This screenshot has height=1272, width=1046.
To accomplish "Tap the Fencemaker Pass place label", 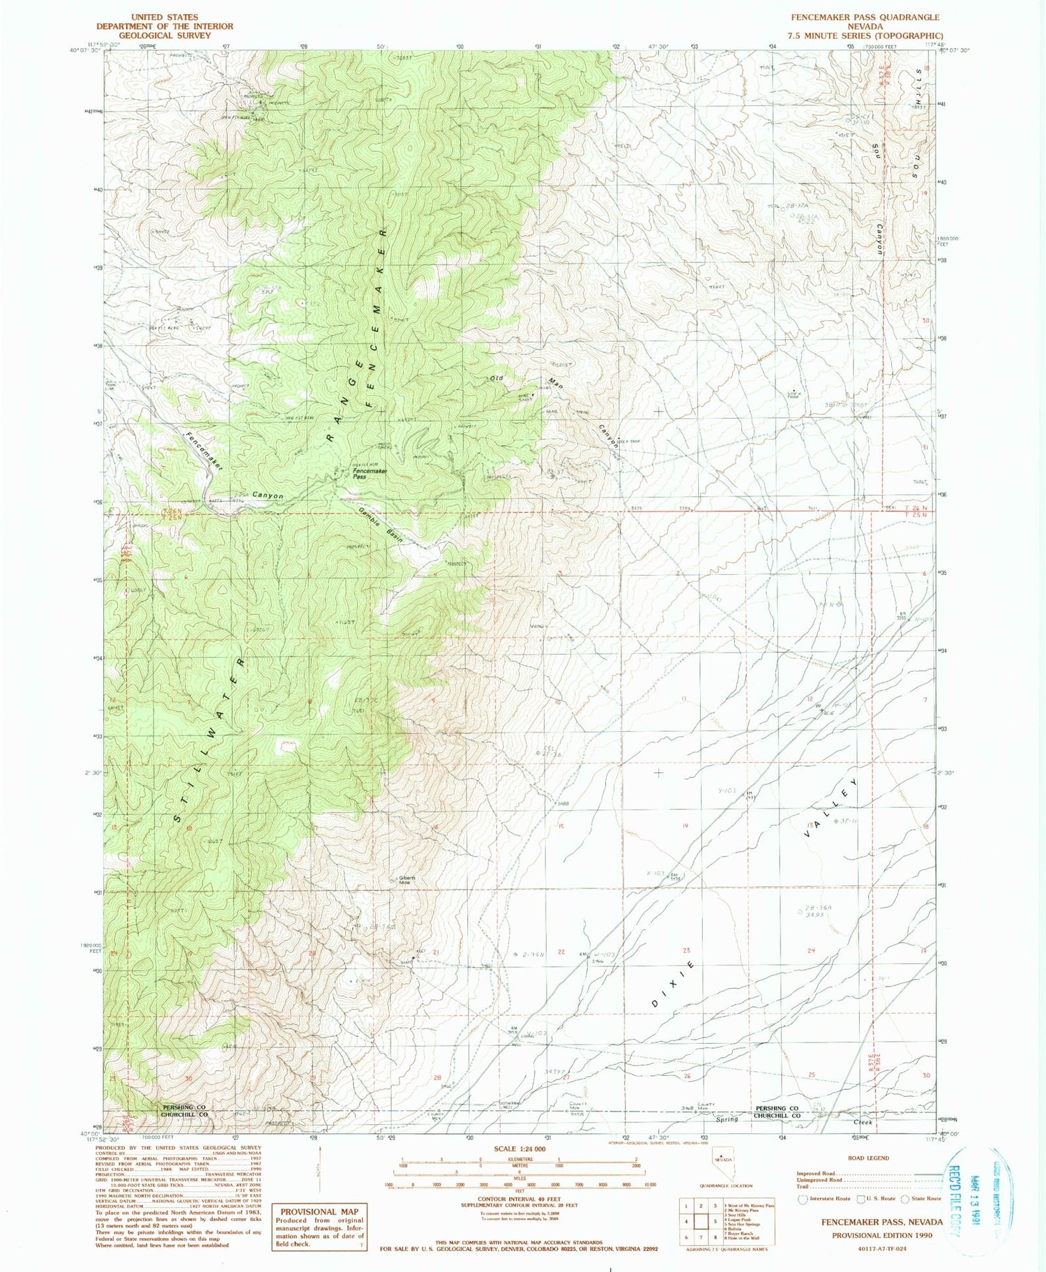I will pyautogui.click(x=370, y=474).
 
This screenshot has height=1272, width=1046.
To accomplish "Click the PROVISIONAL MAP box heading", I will pyautogui.click(x=319, y=1212).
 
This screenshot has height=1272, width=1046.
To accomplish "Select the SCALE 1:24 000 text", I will pyautogui.click(x=520, y=1148).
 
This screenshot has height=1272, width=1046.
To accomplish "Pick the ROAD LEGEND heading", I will pyautogui.click(x=868, y=1158).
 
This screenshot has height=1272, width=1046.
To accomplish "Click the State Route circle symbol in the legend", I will pyautogui.click(x=904, y=1199).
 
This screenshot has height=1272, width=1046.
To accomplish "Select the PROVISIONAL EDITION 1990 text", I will pyautogui.click(x=881, y=1235).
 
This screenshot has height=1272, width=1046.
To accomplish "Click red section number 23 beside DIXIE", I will pyautogui.click(x=687, y=951).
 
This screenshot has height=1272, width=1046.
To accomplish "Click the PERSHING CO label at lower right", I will pyautogui.click(x=777, y=1108).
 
